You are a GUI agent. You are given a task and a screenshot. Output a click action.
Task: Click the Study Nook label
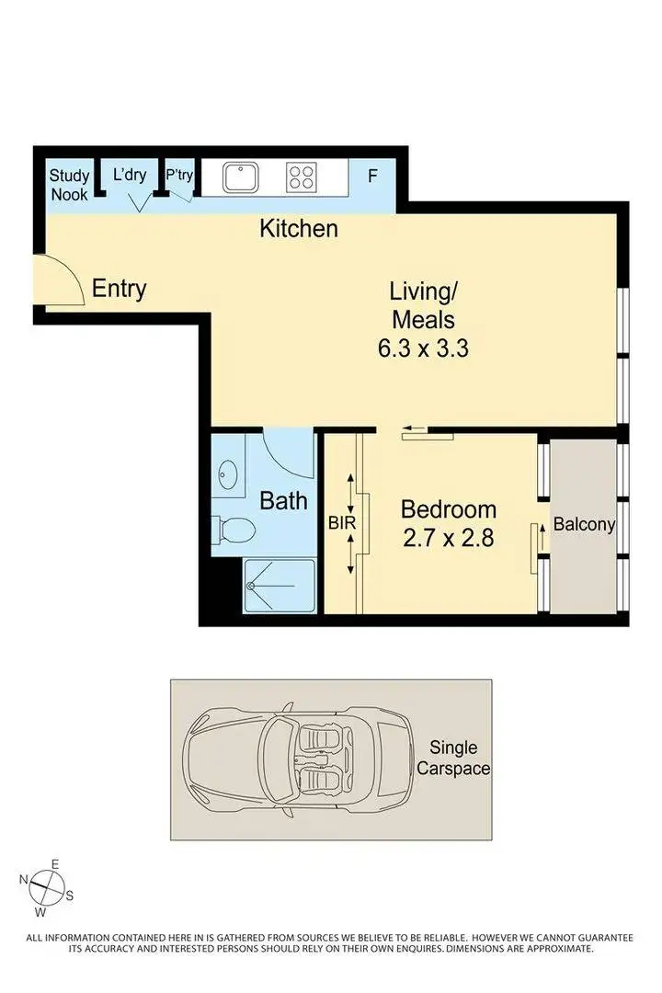tap(69, 184)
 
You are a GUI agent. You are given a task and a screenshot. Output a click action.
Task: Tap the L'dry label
tap(130, 175)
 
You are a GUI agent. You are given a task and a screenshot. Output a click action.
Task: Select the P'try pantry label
tap(179, 175)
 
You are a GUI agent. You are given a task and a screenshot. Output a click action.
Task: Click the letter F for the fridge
tap(372, 176)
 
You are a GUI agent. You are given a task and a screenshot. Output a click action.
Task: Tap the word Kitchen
tap(299, 228)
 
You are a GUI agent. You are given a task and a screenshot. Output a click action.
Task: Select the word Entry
tap(120, 289)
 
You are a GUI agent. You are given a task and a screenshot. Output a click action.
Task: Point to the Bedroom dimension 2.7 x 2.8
tap(449, 538)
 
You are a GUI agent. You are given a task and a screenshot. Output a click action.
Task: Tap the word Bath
tap(282, 501)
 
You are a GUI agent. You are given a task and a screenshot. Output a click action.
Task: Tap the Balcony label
tap(584, 525)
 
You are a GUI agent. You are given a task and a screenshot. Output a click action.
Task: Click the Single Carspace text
tap(460, 758)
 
